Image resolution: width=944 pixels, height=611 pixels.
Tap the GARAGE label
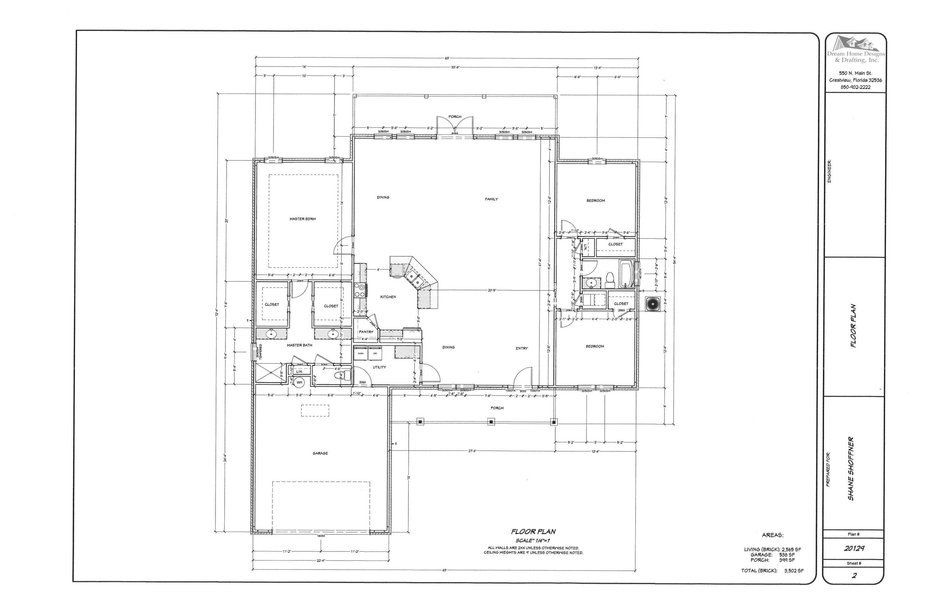[x=320, y=453]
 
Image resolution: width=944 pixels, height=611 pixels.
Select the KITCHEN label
[x=388, y=297]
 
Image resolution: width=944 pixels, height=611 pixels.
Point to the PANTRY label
[x=366, y=332]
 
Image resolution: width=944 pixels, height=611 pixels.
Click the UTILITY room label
[x=379, y=367]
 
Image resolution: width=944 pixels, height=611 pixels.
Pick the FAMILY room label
[x=491, y=199]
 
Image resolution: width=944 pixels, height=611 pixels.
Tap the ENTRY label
[x=522, y=348]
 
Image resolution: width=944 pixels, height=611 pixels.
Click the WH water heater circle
[x=300, y=382]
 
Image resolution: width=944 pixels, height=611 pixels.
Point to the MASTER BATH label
[x=300, y=345]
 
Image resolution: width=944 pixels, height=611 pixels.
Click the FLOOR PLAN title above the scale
[x=533, y=532]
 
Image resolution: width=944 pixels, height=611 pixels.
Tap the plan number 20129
[x=854, y=548]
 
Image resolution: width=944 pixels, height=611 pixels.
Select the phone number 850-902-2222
[x=856, y=87]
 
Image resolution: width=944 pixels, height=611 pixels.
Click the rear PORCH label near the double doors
[x=455, y=117]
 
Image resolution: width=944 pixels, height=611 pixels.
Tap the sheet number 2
[x=854, y=576]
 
